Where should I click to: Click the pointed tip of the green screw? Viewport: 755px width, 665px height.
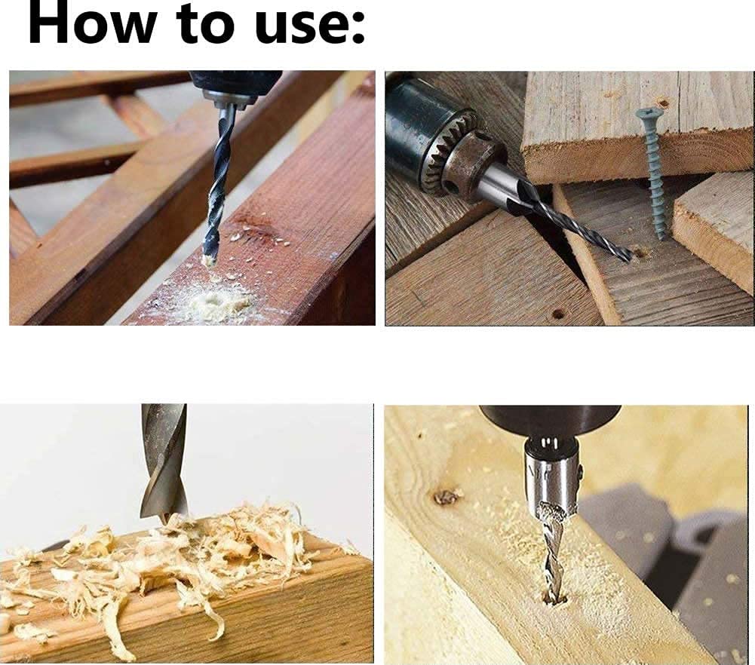pyautogui.click(x=661, y=237)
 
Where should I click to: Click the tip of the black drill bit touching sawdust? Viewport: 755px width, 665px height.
pyautogui.click(x=208, y=260)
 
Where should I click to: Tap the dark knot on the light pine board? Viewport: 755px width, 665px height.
pyautogui.click(x=446, y=497)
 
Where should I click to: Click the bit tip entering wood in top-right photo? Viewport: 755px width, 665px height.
pyautogui.click(x=629, y=259)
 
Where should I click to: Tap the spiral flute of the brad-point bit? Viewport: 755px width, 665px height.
pyautogui.click(x=162, y=467)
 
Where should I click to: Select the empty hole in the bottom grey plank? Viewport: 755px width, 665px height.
pyautogui.click(x=557, y=313)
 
